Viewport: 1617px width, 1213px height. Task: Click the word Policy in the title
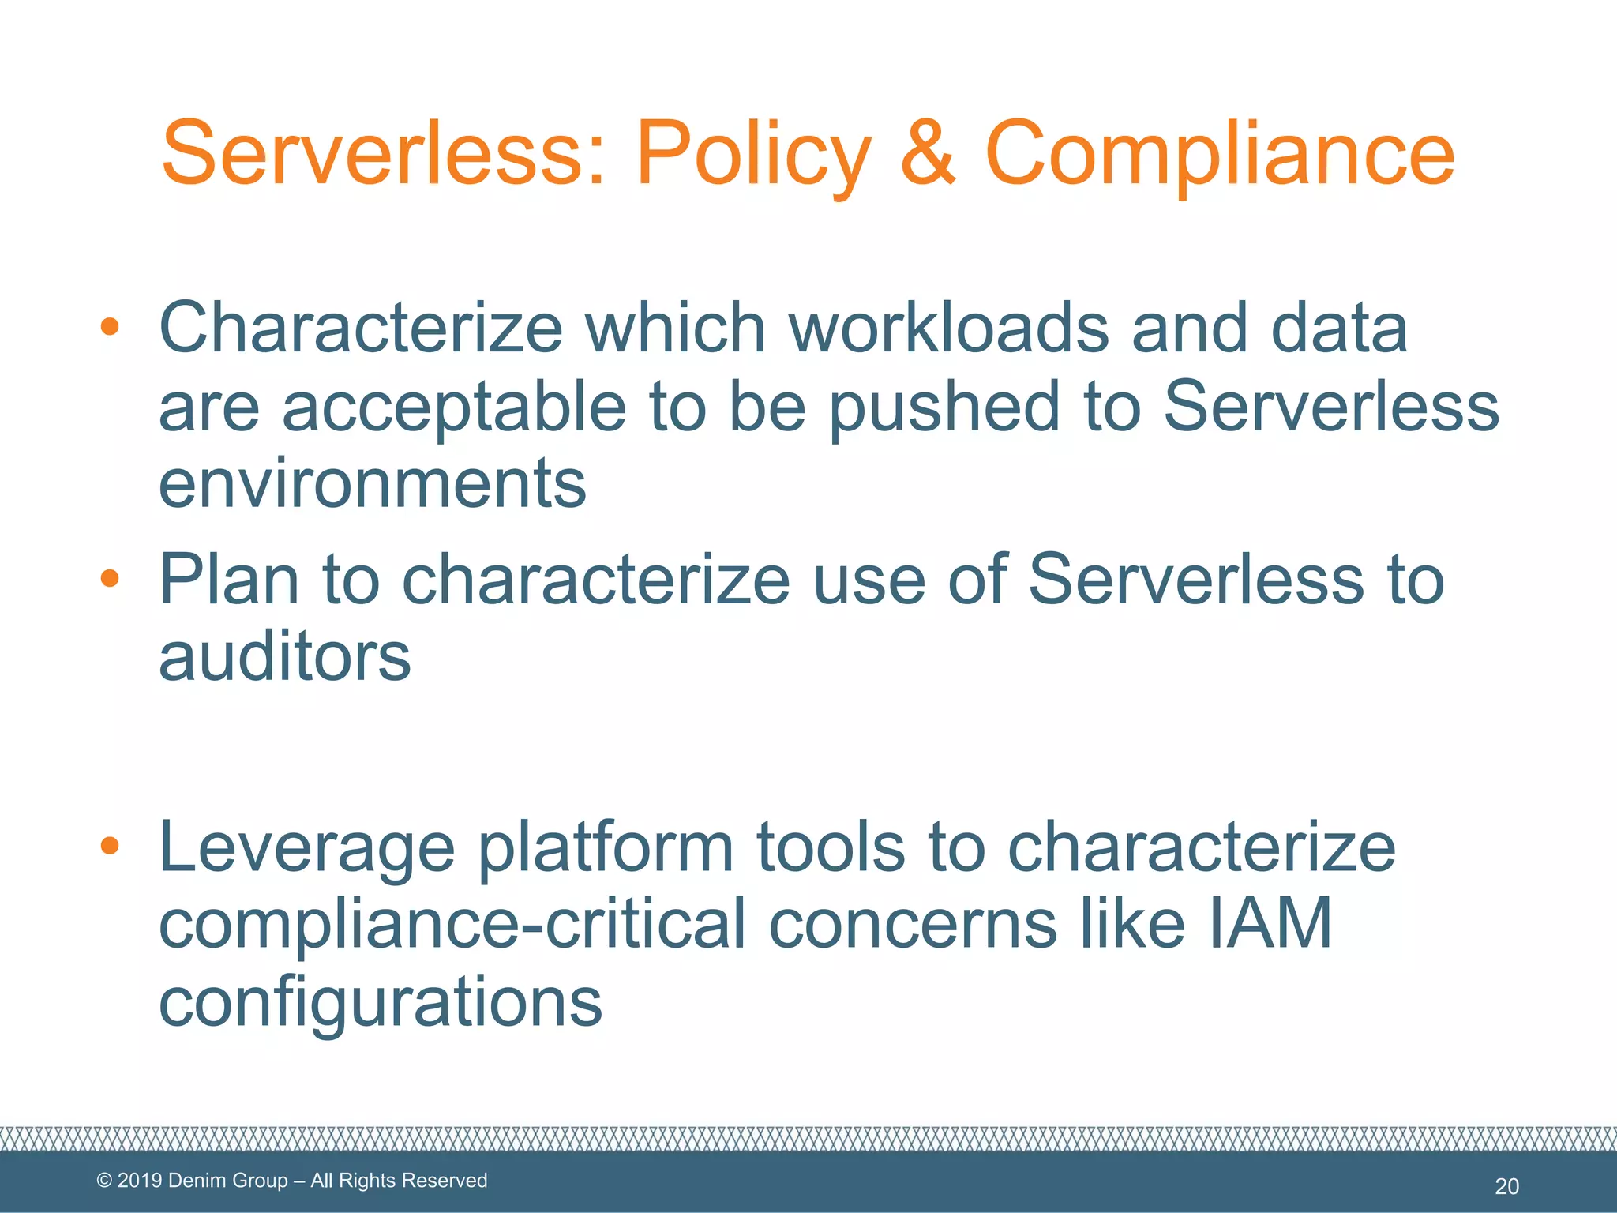[753, 154]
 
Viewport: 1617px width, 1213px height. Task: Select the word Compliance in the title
[1219, 154]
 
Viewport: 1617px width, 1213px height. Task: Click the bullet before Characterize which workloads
[110, 326]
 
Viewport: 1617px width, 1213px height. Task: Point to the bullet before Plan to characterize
[110, 579]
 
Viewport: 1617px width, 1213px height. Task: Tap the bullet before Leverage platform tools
[110, 847]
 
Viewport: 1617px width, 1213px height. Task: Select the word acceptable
[453, 408]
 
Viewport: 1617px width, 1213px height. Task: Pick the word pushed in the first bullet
[944, 408]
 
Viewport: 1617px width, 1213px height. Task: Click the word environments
[372, 483]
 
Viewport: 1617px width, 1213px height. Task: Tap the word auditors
[284, 657]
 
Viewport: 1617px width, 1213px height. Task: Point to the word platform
[606, 847]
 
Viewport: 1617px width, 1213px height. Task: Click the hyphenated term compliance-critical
[452, 925]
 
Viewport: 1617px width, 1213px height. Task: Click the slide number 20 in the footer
[1506, 1186]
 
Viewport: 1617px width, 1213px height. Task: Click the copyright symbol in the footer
[104, 1181]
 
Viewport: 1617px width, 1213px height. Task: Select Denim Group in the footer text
[228, 1181]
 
